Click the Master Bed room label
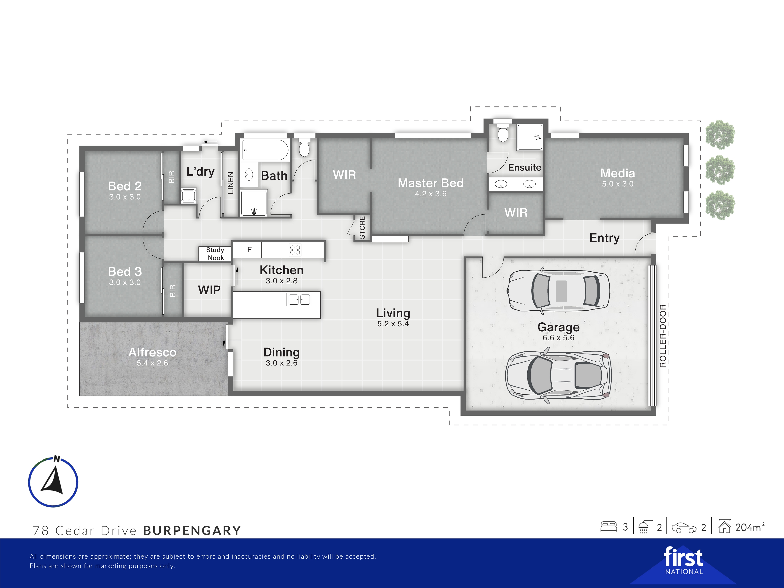click(431, 183)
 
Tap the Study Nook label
click(215, 254)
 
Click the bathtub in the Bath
click(265, 150)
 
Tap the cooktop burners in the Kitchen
click(295, 250)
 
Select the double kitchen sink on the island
click(299, 300)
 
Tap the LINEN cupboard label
click(230, 183)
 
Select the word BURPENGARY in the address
click(192, 531)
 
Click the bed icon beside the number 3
click(609, 527)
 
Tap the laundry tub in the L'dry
click(189, 196)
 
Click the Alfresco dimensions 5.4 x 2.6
click(152, 363)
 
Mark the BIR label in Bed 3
click(173, 291)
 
